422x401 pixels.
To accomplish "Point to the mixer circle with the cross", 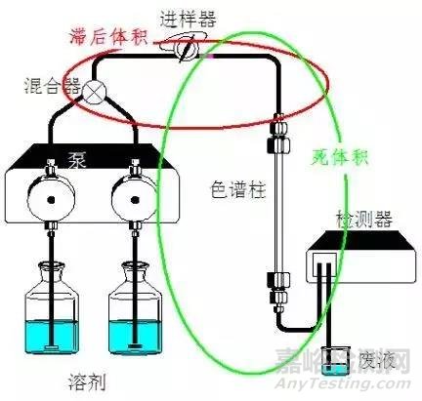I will coord(96,93).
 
